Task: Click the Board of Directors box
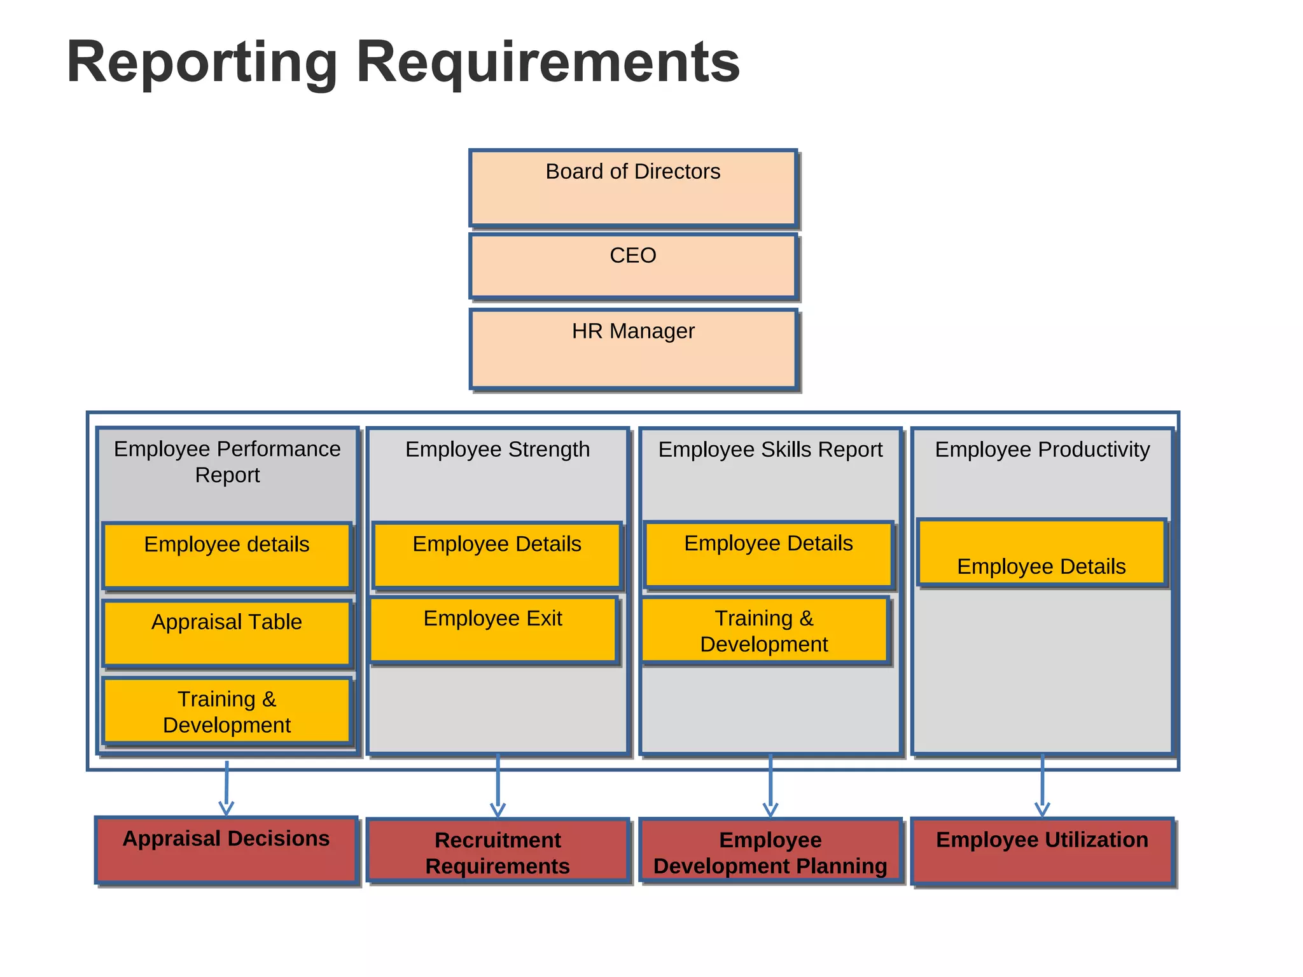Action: pyautogui.click(x=633, y=188)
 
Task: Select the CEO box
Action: pyautogui.click(x=633, y=266)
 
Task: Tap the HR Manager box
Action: pyautogui.click(x=633, y=349)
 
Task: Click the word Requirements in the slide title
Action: pyautogui.click(x=548, y=62)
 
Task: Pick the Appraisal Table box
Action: pyautogui.click(x=227, y=633)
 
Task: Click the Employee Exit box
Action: pyautogui.click(x=493, y=630)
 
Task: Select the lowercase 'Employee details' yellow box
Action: pyautogui.click(x=227, y=555)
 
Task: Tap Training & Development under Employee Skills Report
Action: pyautogui.click(x=765, y=630)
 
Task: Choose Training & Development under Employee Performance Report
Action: pyautogui.click(x=227, y=711)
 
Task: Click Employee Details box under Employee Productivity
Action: pyautogui.click(x=1042, y=553)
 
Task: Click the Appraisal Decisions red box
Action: pyautogui.click(x=226, y=850)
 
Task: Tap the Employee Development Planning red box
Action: pyautogui.click(x=770, y=851)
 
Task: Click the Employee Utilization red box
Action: pyautogui.click(x=1042, y=851)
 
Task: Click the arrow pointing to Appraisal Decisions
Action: pyautogui.click(x=226, y=789)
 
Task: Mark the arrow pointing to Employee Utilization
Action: pyautogui.click(x=1042, y=787)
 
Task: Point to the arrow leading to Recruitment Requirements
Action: pyautogui.click(x=498, y=787)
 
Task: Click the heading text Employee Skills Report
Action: pyautogui.click(x=770, y=450)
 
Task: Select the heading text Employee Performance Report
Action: pyautogui.click(x=227, y=462)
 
